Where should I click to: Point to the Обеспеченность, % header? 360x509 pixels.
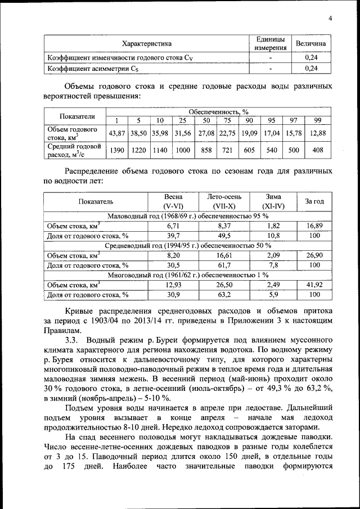point(218,112)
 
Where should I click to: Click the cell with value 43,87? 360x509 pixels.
point(116,133)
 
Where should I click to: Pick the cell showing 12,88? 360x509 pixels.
point(318,133)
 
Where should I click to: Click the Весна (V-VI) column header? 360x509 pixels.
point(173,201)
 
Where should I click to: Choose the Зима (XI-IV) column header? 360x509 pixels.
point(273,201)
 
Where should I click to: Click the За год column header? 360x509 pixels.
point(314,201)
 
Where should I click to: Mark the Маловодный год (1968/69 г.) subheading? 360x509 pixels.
point(187,215)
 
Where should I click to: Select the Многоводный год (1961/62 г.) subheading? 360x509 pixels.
point(187,276)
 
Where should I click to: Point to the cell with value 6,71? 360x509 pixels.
point(173,226)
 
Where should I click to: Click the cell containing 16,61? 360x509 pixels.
point(224,255)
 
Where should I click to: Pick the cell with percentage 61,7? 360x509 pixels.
point(224,265)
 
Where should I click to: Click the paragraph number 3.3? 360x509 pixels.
point(73,341)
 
